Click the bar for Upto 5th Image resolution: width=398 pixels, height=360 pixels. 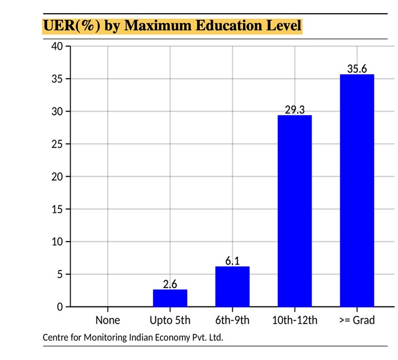point(170,298)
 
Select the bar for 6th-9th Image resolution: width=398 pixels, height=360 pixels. point(232,286)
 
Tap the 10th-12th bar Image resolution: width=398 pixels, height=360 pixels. point(295,211)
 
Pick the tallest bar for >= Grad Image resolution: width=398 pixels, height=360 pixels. point(357,190)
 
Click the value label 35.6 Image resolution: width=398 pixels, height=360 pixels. point(357,69)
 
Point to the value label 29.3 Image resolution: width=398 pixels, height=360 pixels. point(295,110)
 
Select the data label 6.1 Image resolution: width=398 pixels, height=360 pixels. point(232,261)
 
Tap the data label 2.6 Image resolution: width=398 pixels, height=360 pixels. point(170,284)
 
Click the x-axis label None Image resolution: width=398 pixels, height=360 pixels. point(107,320)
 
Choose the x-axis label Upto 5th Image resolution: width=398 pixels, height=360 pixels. point(170,320)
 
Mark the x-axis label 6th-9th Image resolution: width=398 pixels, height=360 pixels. point(232,320)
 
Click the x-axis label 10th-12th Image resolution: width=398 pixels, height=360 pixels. point(295,320)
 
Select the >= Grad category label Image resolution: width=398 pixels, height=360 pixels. point(357,320)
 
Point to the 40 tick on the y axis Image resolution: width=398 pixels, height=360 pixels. point(57,46)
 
